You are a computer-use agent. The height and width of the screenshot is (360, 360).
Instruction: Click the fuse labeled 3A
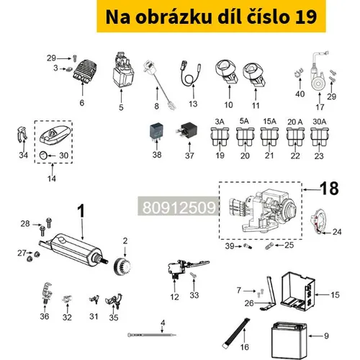pyautogui.click(x=220, y=136)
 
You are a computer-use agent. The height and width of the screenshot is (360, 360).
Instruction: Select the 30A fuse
pyautogui.click(x=320, y=136)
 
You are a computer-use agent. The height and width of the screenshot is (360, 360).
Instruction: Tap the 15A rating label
pyautogui.click(x=269, y=122)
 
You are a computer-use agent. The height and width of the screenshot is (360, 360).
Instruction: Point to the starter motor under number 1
pyautogui.click(x=73, y=251)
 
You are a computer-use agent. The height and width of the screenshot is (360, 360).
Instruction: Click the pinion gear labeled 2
pyautogui.click(x=122, y=266)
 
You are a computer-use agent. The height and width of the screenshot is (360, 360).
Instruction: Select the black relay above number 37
pyautogui.click(x=188, y=131)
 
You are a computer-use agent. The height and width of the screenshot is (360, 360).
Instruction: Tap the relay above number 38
pyautogui.click(x=156, y=131)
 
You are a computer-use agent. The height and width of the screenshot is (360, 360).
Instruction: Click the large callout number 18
pyautogui.click(x=329, y=189)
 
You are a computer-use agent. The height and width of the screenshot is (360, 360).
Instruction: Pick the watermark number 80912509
pyautogui.click(x=179, y=207)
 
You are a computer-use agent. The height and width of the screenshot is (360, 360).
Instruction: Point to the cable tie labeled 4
pyautogui.click(x=152, y=335)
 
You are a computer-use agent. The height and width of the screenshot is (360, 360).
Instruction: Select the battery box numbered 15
pyautogui.click(x=297, y=292)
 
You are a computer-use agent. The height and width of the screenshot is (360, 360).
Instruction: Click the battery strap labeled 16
pyautogui.click(x=236, y=333)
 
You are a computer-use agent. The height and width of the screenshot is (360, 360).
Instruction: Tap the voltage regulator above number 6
pyautogui.click(x=85, y=71)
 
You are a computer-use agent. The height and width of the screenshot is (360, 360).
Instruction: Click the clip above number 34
pyautogui.click(x=22, y=135)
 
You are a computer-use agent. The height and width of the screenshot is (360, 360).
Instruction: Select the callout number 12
pyautogui.click(x=174, y=297)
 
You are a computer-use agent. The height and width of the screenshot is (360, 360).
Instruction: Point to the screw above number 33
pyautogui.click(x=193, y=275)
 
